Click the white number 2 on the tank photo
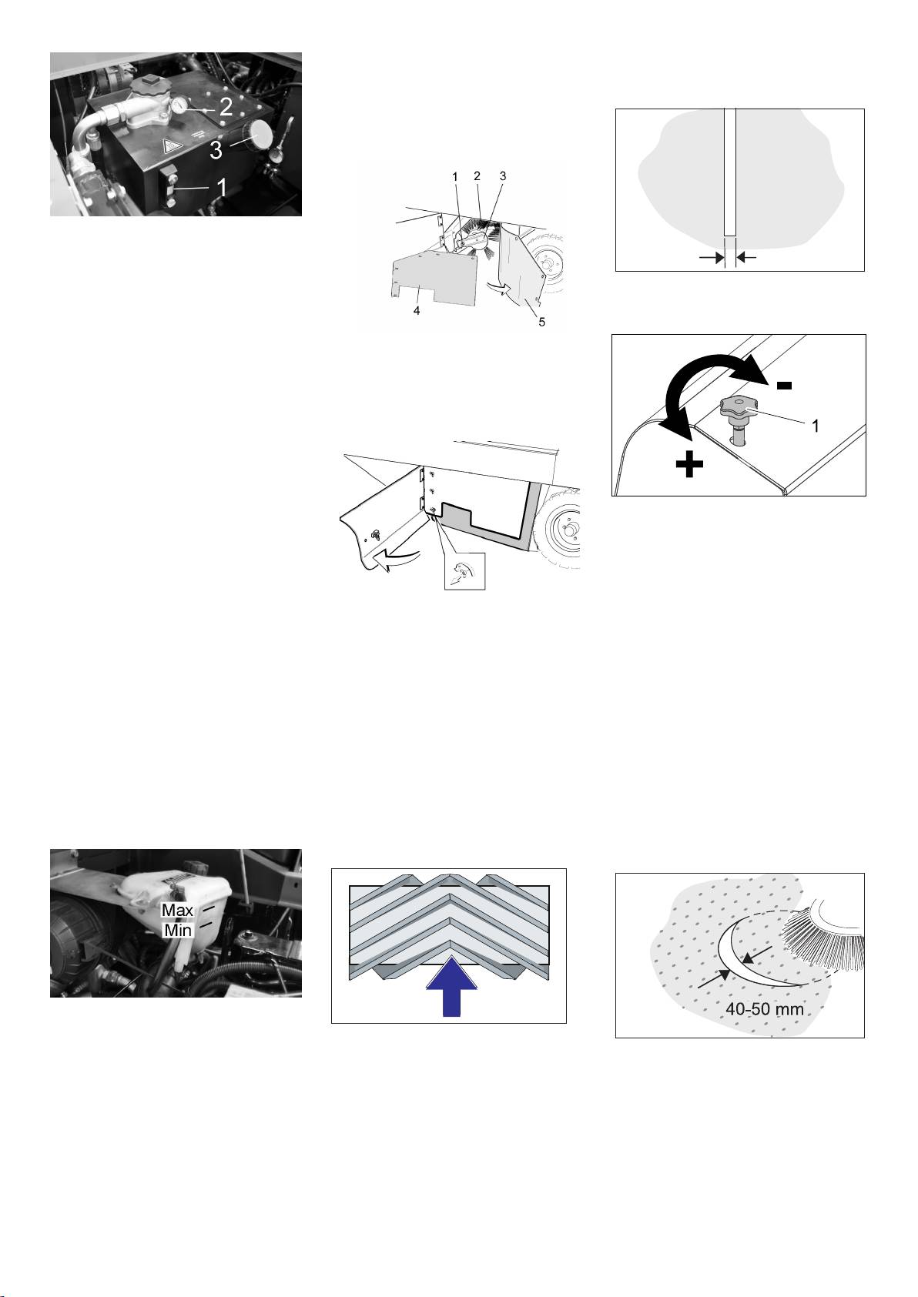226,106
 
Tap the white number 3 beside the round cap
216,150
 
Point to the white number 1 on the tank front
221,188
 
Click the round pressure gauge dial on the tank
179,105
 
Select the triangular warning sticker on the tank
173,147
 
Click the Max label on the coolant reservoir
177,911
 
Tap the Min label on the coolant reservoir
179,930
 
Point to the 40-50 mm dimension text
765,1009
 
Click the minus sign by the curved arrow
784,386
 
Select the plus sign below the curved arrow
689,464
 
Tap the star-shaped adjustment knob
737,406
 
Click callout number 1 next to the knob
815,426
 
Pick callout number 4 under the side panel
417,311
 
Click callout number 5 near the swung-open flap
541,322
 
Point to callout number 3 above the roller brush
503,176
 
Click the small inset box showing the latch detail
464,571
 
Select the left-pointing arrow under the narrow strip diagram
746,258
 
